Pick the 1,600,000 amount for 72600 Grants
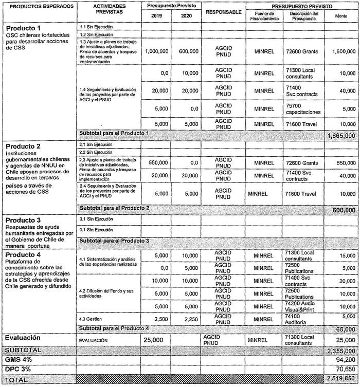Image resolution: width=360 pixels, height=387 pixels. [340, 51]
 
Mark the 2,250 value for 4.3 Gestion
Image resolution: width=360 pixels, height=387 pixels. [188, 319]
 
